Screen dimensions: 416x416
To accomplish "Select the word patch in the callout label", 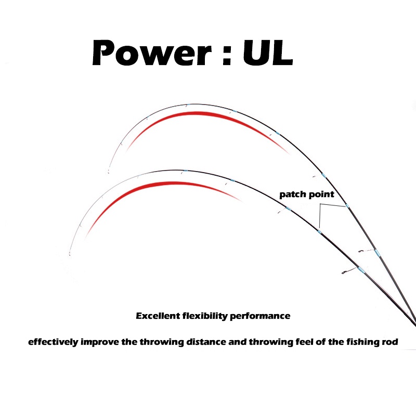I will pyautogui.click(x=291, y=195).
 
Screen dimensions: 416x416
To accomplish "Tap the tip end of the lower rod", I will pyautogui.click(x=69, y=254).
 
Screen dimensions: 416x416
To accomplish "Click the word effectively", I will pyautogui.click(x=54, y=342).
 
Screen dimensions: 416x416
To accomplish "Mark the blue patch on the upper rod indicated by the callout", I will pyautogui.click(x=347, y=207).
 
